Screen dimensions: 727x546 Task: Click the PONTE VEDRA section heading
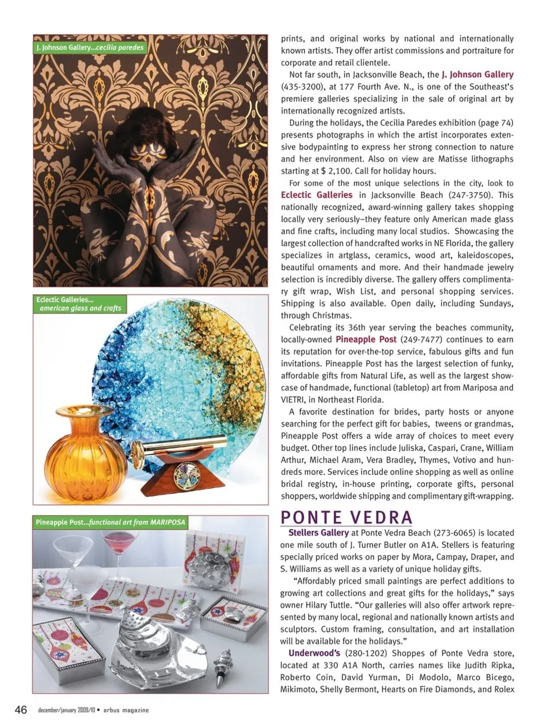(x=346, y=517)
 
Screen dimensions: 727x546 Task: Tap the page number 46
(x=21, y=710)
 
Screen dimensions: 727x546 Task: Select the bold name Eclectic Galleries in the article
(x=317, y=195)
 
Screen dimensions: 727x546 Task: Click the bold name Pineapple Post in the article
(x=366, y=340)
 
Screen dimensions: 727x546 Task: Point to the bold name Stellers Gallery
(x=318, y=533)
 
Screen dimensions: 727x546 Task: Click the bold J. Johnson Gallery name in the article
(x=477, y=75)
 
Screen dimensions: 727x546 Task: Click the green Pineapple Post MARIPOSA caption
(x=110, y=522)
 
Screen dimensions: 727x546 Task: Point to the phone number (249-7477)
(x=419, y=340)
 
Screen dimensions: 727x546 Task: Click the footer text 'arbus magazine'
(x=126, y=711)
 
